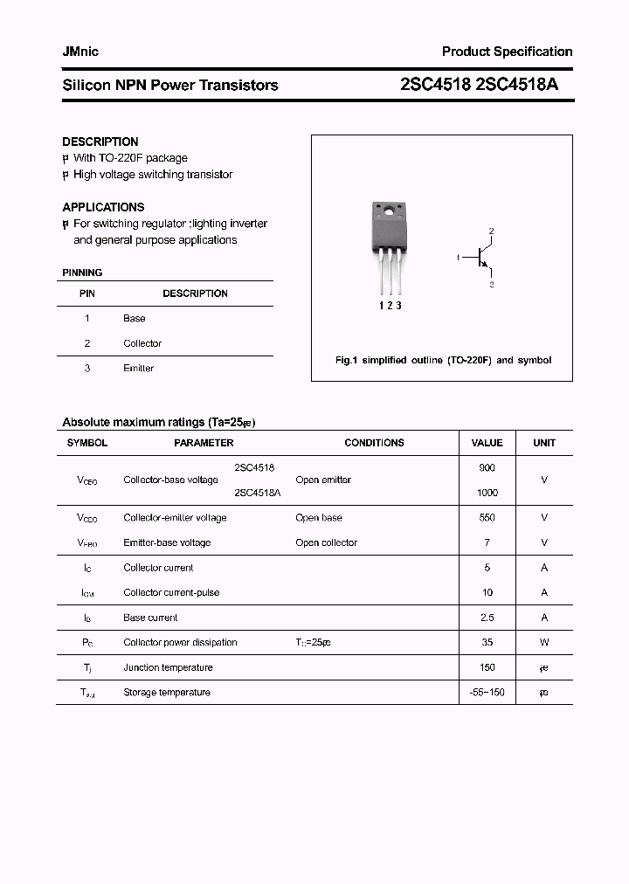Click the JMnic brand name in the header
coord(80,52)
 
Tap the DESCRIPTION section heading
coord(100,142)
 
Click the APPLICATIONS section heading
coord(103,207)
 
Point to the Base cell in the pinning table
coord(135,319)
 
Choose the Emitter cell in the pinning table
coord(138,369)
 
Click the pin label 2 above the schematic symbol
coord(491,231)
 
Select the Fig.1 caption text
coord(443,360)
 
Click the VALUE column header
coord(487,443)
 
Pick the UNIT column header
coord(544,443)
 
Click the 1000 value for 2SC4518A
coord(487,493)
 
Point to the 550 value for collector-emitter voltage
coord(487,518)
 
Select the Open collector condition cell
coord(327,542)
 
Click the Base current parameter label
coord(150,618)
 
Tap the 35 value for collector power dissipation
coord(487,642)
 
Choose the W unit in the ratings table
coord(544,642)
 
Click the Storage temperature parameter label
coord(167,692)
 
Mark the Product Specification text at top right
coord(507,52)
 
